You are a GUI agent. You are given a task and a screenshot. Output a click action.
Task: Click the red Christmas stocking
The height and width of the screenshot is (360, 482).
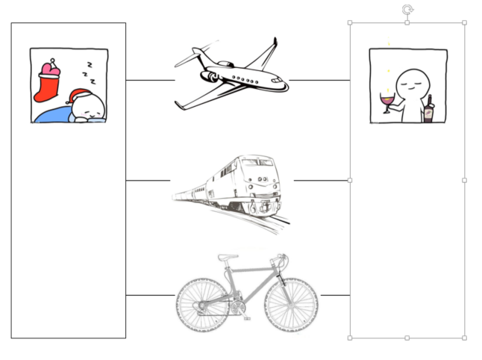click(48, 82)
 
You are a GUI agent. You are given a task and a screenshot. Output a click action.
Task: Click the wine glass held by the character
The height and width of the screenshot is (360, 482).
click(386, 101)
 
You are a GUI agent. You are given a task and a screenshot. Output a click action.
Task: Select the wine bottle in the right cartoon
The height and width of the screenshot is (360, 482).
click(429, 111)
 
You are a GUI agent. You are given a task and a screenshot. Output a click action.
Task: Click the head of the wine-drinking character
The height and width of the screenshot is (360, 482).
click(409, 81)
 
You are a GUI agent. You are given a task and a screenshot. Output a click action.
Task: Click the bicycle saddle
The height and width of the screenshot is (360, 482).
click(228, 258)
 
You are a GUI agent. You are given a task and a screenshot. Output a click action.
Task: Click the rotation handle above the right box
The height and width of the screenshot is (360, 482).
click(407, 9)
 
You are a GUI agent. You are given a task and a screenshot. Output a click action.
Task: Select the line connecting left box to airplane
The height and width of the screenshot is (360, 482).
click(150, 80)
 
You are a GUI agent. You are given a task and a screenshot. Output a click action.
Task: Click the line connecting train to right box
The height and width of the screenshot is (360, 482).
click(322, 180)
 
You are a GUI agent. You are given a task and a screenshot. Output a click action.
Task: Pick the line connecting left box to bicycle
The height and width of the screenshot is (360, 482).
click(150, 296)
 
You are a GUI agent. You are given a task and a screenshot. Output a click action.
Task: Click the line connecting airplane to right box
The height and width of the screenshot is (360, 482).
click(319, 80)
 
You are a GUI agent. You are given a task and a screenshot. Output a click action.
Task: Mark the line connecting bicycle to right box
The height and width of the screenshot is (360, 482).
click(335, 296)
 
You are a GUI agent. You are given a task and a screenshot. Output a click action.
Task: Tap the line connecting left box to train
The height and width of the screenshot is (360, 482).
click(148, 180)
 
